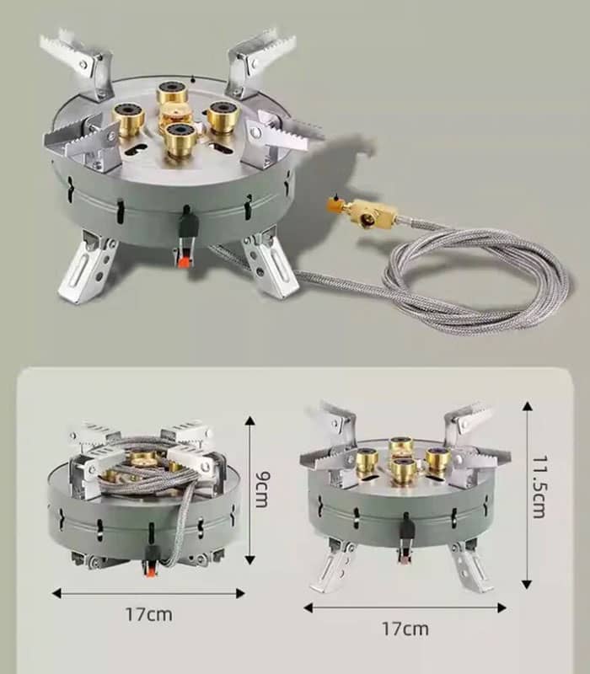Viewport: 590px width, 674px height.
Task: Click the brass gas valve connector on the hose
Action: (x=362, y=211)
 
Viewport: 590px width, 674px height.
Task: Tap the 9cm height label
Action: (x=262, y=489)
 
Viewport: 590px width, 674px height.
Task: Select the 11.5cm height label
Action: (x=539, y=487)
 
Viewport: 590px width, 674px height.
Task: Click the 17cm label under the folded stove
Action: (x=149, y=614)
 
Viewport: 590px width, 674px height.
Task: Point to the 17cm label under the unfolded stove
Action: (x=405, y=629)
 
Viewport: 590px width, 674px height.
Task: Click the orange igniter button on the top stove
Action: (x=184, y=261)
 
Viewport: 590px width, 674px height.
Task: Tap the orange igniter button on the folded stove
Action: (x=150, y=571)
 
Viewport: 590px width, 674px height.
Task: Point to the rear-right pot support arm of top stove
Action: (x=259, y=60)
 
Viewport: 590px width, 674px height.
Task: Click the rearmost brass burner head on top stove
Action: (x=172, y=91)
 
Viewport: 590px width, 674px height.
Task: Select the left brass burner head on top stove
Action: (x=129, y=118)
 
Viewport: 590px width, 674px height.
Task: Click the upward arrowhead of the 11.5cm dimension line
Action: (x=528, y=406)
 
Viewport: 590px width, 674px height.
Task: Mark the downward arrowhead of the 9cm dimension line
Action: (x=249, y=559)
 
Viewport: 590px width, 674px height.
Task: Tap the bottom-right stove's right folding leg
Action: (x=471, y=567)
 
